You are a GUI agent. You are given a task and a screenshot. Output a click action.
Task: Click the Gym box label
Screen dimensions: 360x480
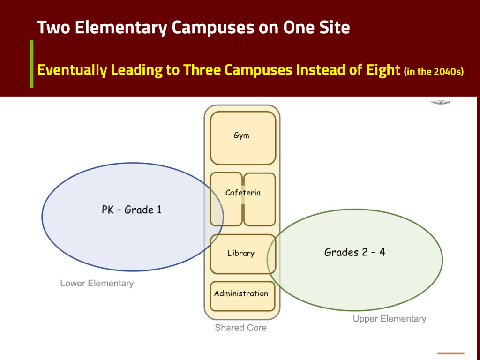[x=241, y=136]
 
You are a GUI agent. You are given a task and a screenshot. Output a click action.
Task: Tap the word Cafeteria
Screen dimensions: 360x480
[x=243, y=193]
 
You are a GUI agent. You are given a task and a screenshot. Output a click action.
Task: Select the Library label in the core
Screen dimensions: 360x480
[x=241, y=254]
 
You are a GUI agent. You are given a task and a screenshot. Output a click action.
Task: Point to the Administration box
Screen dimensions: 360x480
[x=241, y=294]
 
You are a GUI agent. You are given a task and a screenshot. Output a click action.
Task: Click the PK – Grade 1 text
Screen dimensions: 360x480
[x=131, y=210]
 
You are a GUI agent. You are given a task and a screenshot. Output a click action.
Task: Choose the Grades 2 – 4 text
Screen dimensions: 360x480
[x=355, y=252]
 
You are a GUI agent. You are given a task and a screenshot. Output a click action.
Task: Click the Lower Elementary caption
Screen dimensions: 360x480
[x=97, y=284]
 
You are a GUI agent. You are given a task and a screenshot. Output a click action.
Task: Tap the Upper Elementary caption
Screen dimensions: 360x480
[x=390, y=319]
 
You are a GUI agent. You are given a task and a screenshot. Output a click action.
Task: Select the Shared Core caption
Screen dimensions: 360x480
[x=240, y=328]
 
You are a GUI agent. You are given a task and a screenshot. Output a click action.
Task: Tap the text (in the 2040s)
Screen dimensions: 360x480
[x=434, y=71]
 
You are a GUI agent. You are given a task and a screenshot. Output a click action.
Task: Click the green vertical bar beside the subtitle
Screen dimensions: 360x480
[x=32, y=64]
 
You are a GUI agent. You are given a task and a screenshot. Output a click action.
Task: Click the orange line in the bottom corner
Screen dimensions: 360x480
[x=450, y=353]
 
